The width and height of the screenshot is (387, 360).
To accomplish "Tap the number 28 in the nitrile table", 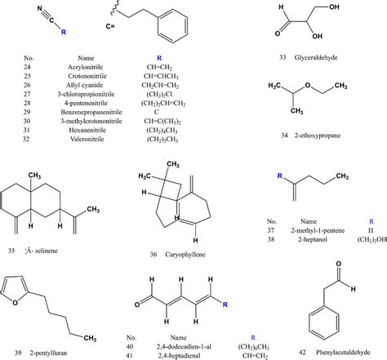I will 26,105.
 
